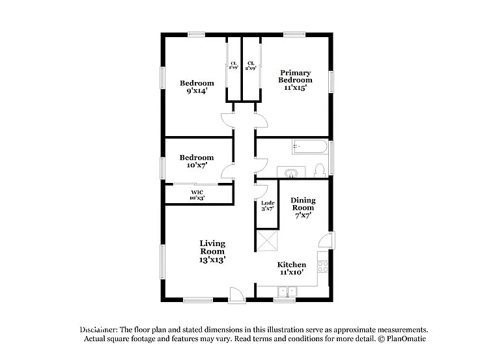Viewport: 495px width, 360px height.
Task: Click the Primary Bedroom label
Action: click(294, 76)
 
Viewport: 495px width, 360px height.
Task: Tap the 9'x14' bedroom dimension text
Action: click(197, 91)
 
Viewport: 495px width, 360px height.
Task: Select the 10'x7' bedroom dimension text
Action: click(197, 165)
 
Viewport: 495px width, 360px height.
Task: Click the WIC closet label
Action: click(197, 192)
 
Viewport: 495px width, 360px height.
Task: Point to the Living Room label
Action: click(212, 247)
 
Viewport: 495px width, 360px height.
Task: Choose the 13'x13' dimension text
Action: click(212, 259)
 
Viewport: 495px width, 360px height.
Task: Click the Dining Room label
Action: click(303, 204)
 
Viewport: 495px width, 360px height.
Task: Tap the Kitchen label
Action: click(292, 264)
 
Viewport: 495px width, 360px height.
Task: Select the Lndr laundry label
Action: click(267, 202)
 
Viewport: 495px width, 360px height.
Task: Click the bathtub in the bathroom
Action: click(309, 146)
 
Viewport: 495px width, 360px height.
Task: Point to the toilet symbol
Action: click(319, 171)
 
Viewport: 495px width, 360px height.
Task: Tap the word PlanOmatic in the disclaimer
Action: click(407, 339)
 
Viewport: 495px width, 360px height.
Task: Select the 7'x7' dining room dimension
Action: click(303, 215)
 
